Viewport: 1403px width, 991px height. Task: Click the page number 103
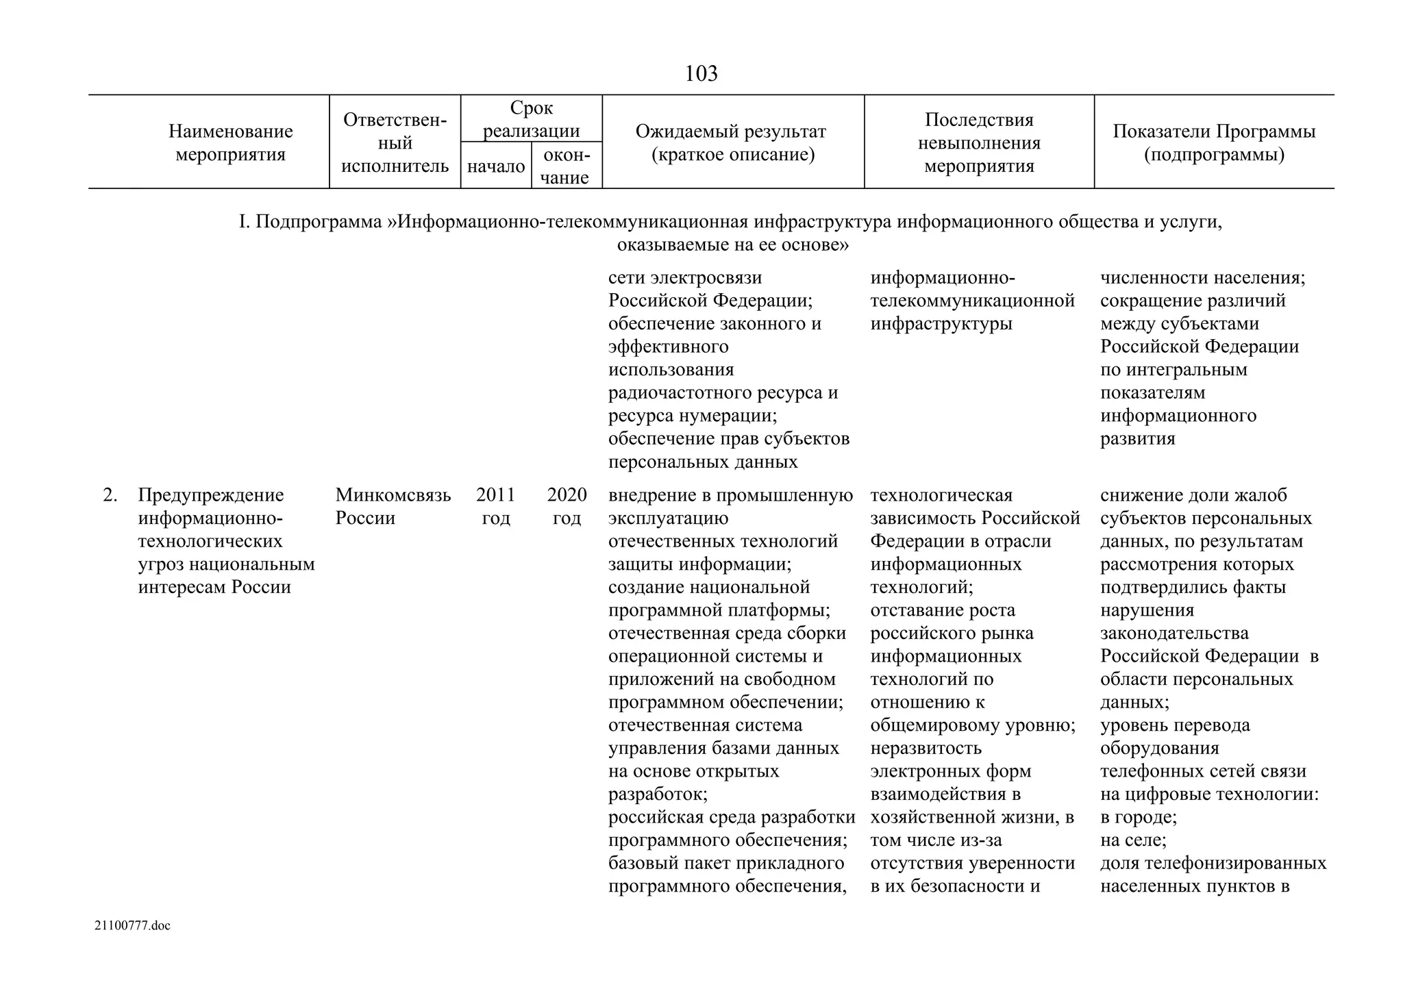(701, 73)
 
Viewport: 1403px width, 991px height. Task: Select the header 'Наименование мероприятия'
(230, 142)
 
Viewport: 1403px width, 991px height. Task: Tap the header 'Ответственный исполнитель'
(395, 142)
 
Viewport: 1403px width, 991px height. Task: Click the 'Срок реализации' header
(531, 119)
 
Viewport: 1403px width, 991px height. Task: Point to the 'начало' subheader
(496, 166)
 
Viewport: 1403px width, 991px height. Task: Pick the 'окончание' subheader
(566, 166)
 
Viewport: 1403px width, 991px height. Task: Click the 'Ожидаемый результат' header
(732, 142)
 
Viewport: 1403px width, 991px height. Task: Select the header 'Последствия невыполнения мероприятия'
(978, 142)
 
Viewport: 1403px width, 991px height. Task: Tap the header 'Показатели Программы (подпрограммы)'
(1213, 142)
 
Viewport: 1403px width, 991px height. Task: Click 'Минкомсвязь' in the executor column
(393, 494)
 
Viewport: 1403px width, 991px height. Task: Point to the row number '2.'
(110, 494)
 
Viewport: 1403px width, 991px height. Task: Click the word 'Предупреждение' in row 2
(210, 494)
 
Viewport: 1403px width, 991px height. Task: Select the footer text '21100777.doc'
(132, 926)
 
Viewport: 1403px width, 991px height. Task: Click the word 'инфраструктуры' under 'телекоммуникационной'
(941, 323)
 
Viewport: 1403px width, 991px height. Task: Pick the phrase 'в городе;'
(1138, 817)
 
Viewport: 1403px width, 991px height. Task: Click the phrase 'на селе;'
(1133, 840)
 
